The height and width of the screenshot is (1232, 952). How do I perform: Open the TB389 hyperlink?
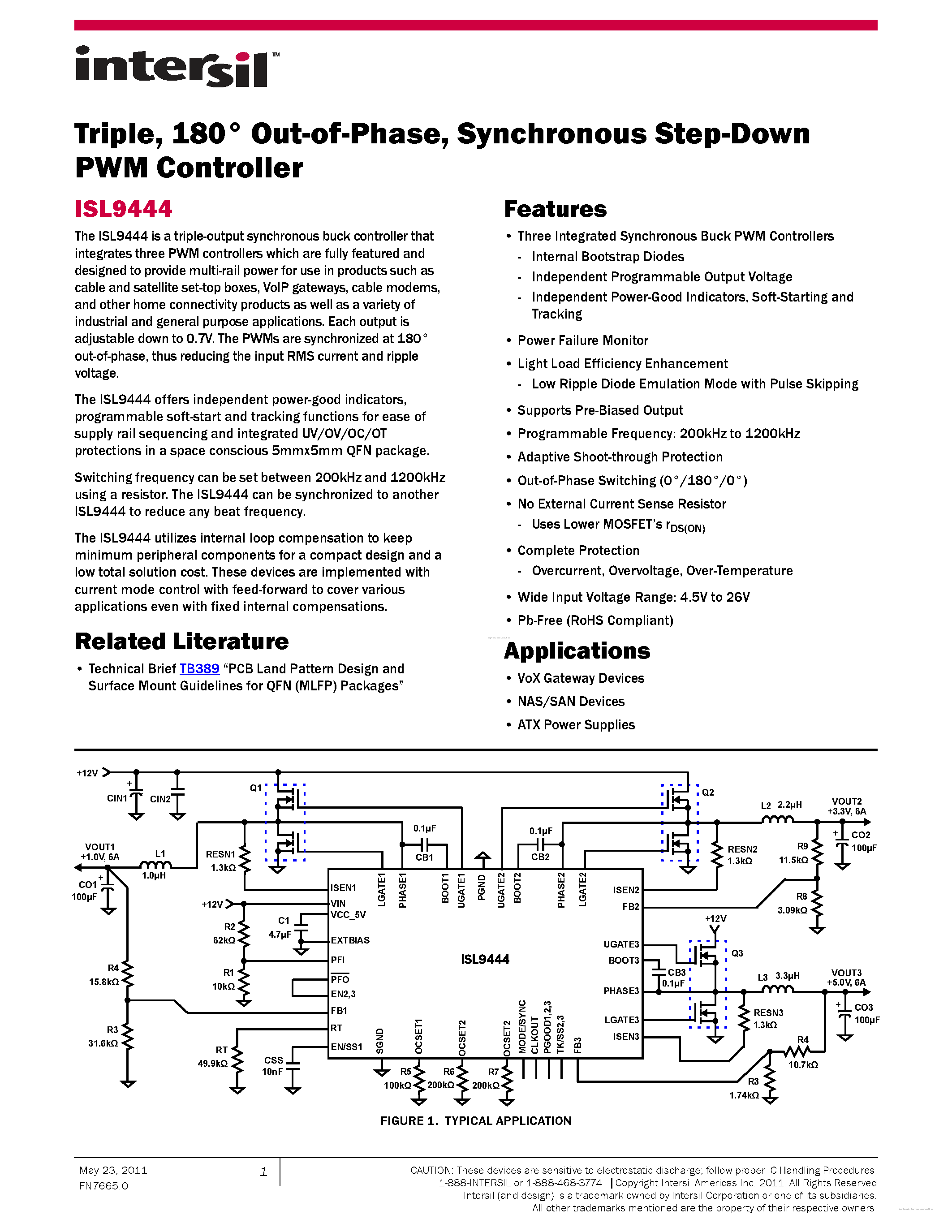(x=199, y=669)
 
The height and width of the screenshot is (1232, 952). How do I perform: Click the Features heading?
(x=555, y=209)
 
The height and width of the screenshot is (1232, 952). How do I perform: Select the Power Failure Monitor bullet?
(x=582, y=341)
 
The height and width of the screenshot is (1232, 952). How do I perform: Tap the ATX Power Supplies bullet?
(x=575, y=725)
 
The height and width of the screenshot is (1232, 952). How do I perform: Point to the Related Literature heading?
(x=181, y=642)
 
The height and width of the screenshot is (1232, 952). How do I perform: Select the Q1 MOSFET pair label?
(x=255, y=788)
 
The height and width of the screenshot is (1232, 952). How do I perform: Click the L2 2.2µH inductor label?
(x=781, y=806)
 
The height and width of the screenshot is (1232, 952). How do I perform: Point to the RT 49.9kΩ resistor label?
(x=213, y=1056)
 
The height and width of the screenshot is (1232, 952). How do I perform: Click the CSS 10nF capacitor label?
(x=273, y=1066)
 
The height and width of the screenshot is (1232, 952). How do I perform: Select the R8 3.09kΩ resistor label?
(x=793, y=903)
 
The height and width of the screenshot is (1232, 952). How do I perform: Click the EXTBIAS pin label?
(x=350, y=940)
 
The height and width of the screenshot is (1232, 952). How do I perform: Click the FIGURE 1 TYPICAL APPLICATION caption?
(x=475, y=1121)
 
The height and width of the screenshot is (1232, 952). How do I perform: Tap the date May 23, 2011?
(x=113, y=1171)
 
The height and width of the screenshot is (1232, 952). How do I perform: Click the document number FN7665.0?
(x=104, y=1186)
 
